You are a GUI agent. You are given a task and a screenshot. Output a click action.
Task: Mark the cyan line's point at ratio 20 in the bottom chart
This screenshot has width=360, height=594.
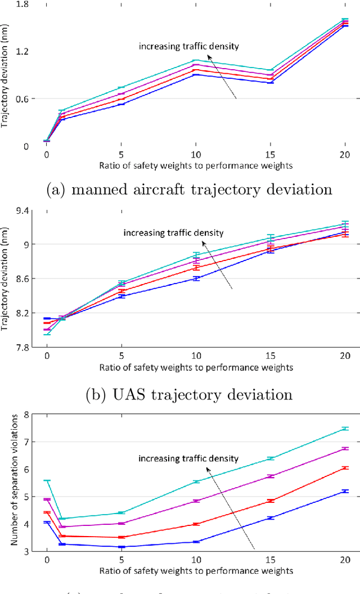click(344, 429)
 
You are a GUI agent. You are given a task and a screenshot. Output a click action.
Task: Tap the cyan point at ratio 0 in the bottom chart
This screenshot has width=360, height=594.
click(47, 480)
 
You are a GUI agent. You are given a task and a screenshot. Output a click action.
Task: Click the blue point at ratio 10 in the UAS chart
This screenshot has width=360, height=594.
click(196, 278)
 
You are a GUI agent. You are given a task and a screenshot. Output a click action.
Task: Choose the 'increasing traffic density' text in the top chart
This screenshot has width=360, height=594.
click(188, 46)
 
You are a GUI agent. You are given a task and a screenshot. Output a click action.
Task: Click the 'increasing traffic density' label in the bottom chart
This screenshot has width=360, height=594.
click(188, 458)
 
